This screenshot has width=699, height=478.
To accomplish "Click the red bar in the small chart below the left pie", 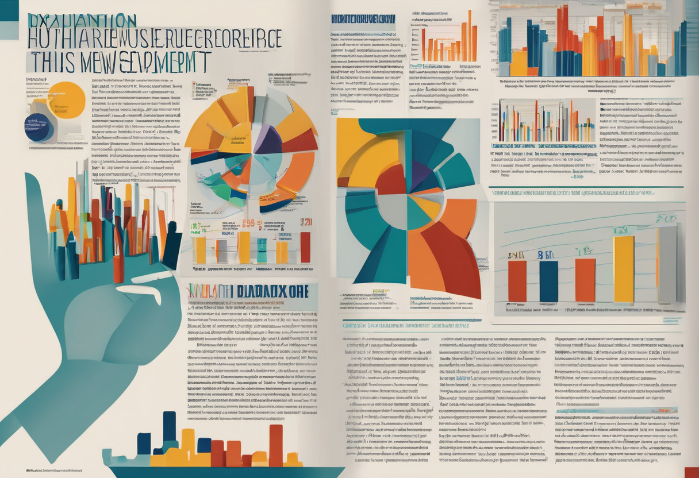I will (x=305, y=247).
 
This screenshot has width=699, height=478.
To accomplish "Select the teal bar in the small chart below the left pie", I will (x=262, y=250).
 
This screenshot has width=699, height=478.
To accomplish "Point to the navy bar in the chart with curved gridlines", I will (x=548, y=281).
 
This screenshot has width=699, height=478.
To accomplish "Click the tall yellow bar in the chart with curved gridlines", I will (x=623, y=268).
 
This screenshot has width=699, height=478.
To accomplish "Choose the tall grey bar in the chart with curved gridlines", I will (x=667, y=264).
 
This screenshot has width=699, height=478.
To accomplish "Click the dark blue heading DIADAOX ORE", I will (x=273, y=291).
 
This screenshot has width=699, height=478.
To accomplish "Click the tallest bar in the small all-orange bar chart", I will (x=468, y=36).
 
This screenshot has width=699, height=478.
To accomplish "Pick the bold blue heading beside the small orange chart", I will (x=363, y=19).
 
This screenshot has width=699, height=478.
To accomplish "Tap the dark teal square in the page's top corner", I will (x=9, y=10).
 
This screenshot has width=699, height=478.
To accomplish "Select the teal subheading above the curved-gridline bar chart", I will (x=571, y=193).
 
